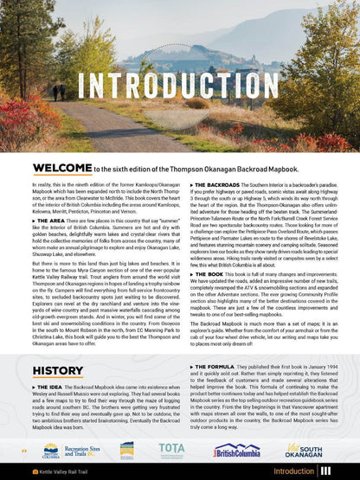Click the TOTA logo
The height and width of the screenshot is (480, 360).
[x=171, y=450]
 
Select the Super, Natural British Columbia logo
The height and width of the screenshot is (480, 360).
[x=236, y=450]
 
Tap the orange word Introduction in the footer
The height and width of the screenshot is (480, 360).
[x=292, y=471]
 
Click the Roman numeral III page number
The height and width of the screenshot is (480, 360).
[x=326, y=471]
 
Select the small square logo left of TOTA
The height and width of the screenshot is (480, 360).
[x=126, y=450]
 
